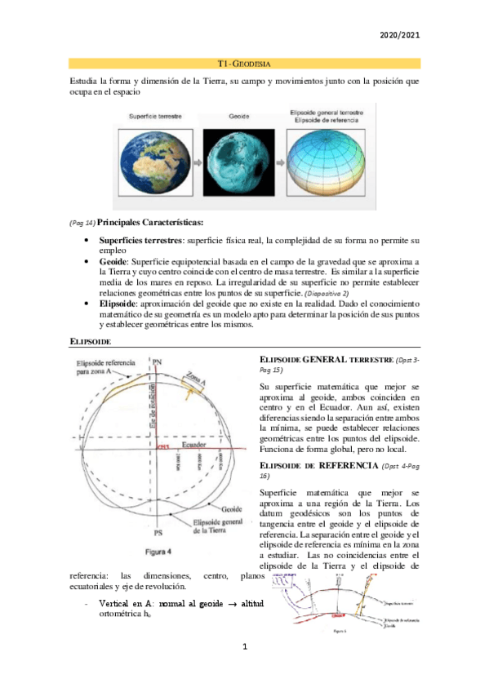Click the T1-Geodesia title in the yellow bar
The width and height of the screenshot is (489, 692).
[x=244, y=63]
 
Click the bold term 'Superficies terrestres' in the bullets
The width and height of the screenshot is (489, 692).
[x=140, y=242]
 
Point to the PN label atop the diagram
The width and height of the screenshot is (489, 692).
[x=158, y=360]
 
